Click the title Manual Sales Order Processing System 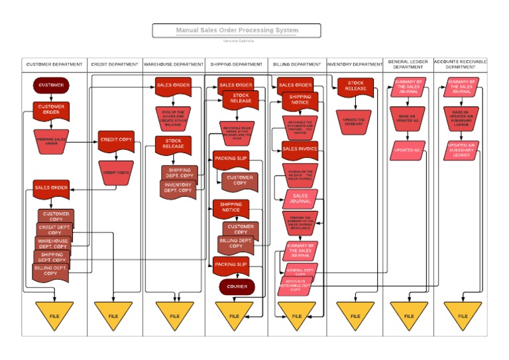(x=237, y=30)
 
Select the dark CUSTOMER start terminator (x=51, y=86)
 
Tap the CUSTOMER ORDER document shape (x=51, y=109)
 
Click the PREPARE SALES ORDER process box (x=51, y=141)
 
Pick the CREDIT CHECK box (x=116, y=172)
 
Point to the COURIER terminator (x=237, y=286)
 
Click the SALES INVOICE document (x=300, y=149)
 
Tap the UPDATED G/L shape (x=407, y=150)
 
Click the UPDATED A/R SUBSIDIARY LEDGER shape (x=461, y=150)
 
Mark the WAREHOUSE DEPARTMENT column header (x=174, y=65)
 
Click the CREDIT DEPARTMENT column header (x=115, y=65)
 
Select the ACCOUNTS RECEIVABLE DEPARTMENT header (x=460, y=65)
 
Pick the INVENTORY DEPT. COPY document (x=178, y=188)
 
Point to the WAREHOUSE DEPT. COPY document (x=52, y=243)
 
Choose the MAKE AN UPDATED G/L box (x=407, y=119)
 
